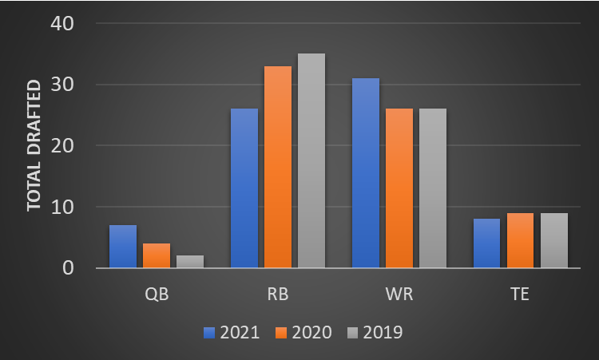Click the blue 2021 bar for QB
123,247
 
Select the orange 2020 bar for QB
157,255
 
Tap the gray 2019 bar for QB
190,262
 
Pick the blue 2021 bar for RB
244,188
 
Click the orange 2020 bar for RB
278,167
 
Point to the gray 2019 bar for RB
311,160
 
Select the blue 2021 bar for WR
366,173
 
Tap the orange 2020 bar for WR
399,188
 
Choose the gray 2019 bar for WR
433,188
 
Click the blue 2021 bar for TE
486,243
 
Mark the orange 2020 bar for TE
520,240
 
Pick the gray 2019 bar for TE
553,240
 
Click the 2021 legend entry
232,332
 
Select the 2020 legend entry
303,332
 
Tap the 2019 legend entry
375,332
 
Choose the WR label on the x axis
399,295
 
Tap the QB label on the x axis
157,295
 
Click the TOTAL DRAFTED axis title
34,145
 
